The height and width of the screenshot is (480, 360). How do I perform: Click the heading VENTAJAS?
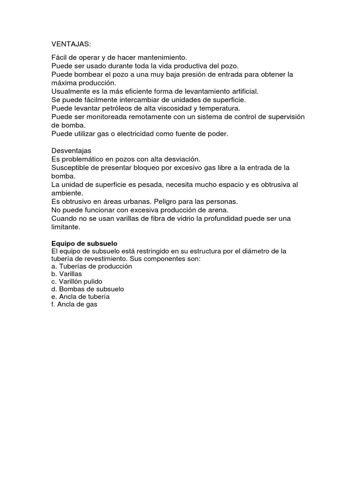71,44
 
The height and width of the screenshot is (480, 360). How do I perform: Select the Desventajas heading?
71,151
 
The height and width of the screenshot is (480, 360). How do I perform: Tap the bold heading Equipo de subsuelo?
84,244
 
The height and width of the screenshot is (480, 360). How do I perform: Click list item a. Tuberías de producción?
91,266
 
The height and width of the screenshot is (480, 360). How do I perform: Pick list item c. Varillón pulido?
77,281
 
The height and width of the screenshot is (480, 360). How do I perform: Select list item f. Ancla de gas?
75,304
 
